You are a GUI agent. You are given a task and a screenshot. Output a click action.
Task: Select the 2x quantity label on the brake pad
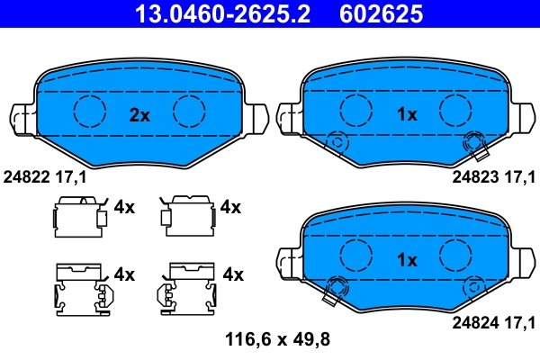[139, 114]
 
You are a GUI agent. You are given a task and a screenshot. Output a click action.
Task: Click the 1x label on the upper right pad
[407, 114]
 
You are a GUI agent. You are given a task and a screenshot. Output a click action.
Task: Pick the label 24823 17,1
[493, 177]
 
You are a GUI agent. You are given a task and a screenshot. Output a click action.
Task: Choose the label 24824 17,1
[493, 320]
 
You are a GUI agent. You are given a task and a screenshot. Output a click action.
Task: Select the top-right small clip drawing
[184, 215]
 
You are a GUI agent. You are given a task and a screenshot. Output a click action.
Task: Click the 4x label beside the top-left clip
[124, 208]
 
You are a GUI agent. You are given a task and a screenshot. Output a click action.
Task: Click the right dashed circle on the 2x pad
[190, 111]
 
